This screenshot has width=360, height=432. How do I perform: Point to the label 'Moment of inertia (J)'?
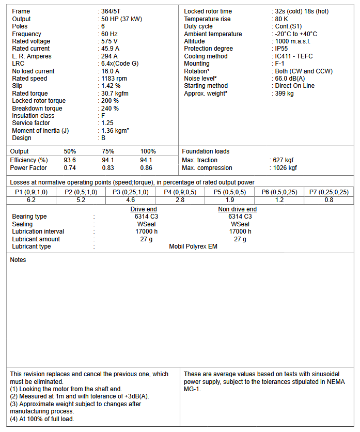click(x=40, y=131)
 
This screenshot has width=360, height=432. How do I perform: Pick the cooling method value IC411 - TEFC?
click(x=293, y=56)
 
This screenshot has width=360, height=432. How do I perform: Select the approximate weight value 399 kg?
click(x=284, y=94)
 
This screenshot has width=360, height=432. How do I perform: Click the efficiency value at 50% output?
click(x=70, y=160)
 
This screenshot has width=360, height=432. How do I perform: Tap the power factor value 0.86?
click(x=146, y=168)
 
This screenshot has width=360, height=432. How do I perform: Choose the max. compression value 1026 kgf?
click(x=285, y=168)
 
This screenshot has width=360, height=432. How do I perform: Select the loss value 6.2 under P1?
click(x=31, y=200)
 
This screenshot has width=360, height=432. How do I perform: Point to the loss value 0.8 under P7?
click(x=328, y=200)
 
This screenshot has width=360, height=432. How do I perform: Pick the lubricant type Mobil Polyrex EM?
click(x=193, y=246)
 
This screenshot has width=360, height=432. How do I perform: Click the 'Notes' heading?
click(x=18, y=260)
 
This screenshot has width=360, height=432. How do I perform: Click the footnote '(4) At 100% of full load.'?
click(x=42, y=419)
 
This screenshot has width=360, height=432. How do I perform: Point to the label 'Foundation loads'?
click(x=206, y=151)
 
